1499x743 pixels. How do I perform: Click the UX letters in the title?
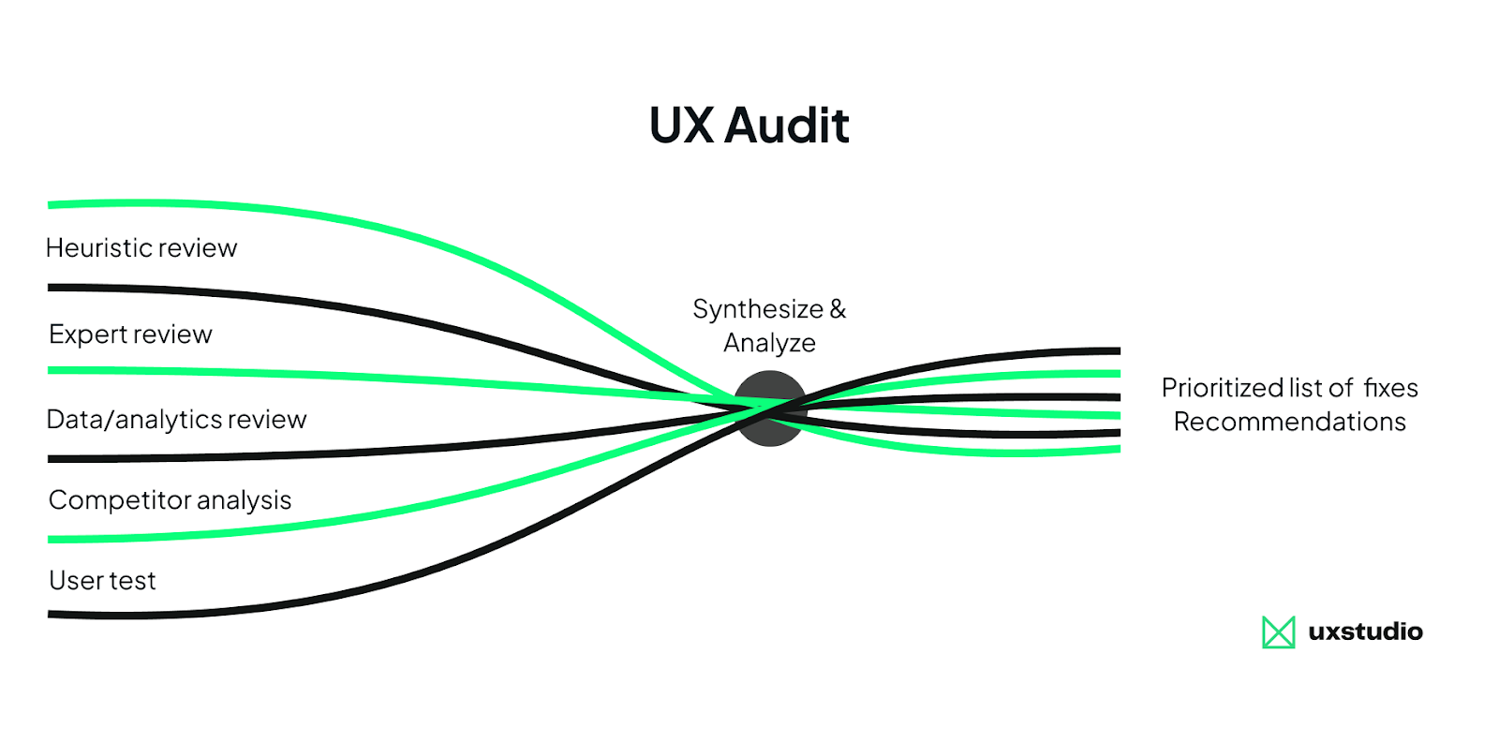681,126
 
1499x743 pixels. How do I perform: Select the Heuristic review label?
141,248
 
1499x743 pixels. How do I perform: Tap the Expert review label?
130,334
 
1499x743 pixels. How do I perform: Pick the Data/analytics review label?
176,420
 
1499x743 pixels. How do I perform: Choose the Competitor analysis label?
170,500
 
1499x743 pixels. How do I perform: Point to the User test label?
102,581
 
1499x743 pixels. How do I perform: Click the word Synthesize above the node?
757,309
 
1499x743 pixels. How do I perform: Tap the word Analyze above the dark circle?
769,343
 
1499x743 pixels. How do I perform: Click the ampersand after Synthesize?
838,309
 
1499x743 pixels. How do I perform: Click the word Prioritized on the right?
1222,388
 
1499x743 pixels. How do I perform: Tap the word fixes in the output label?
1390,388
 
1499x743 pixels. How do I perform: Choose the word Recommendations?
1289,422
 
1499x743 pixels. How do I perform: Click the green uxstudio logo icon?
1278,632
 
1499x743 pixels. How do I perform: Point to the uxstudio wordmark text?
1365,632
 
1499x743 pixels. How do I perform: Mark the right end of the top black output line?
1117,351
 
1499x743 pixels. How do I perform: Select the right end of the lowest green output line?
1117,450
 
